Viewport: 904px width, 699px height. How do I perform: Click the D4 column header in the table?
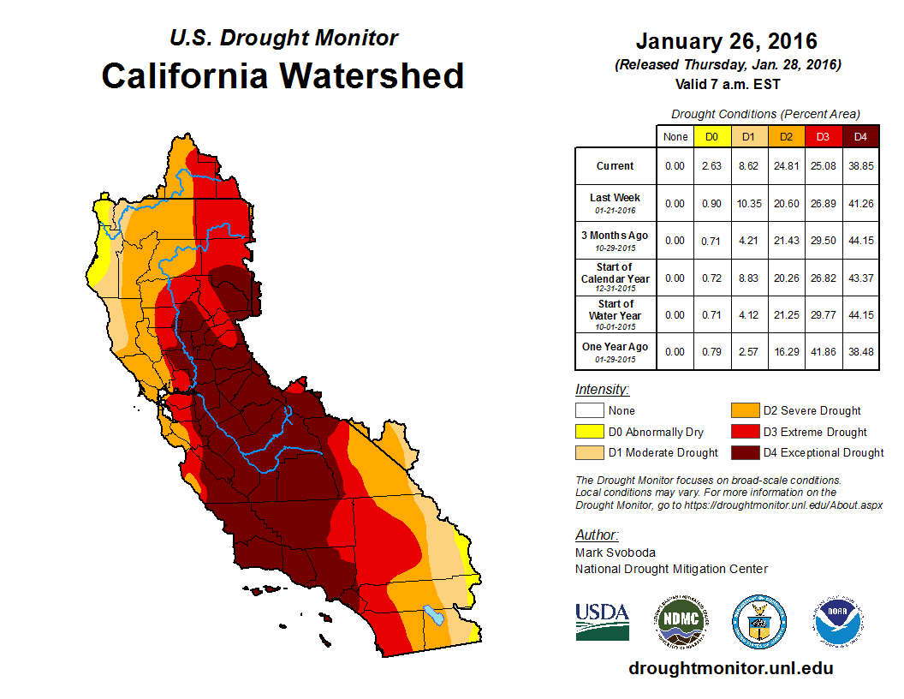pyautogui.click(x=860, y=136)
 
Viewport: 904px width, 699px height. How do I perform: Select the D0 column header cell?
pyautogui.click(x=712, y=136)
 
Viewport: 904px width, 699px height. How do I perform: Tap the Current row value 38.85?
pyautogui.click(x=860, y=166)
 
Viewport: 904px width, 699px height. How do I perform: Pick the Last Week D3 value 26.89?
pyautogui.click(x=824, y=203)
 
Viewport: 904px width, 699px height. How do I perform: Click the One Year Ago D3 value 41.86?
pyautogui.click(x=824, y=352)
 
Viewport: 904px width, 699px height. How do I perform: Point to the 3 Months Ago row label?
pyautogui.click(x=616, y=240)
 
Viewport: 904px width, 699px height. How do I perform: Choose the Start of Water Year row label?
pyautogui.click(x=616, y=314)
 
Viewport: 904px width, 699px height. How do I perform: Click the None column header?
pyautogui.click(x=675, y=136)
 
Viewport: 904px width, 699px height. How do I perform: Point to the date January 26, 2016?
pyautogui.click(x=727, y=41)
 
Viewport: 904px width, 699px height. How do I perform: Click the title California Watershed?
pyautogui.click(x=282, y=75)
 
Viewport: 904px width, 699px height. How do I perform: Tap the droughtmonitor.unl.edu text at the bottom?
pyautogui.click(x=730, y=668)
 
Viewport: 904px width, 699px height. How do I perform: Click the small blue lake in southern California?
pyautogui.click(x=435, y=615)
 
